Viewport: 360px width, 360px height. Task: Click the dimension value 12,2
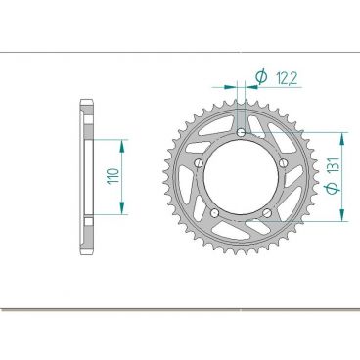[288, 75]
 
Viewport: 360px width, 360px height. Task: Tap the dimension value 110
[113, 176]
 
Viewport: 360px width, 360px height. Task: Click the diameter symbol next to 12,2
[262, 75]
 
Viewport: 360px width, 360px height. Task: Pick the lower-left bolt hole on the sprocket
[214, 212]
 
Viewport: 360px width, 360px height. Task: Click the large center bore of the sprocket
[242, 176]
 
